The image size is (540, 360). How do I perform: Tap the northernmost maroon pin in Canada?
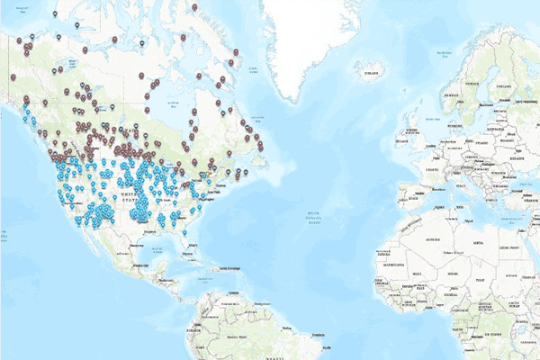point(195,7)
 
